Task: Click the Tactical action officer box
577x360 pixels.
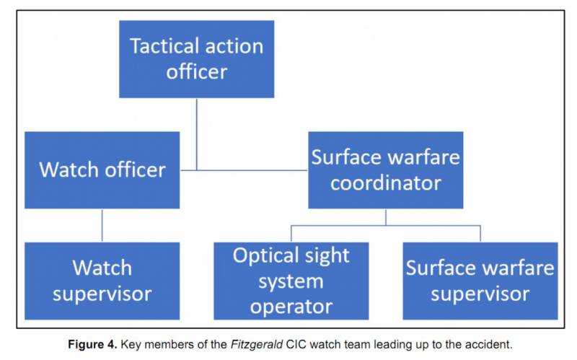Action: (196, 59)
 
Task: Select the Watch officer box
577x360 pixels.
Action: (102, 170)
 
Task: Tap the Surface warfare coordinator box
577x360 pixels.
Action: (385, 170)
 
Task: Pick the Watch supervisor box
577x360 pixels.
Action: (102, 281)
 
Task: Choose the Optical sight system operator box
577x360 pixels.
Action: (291, 281)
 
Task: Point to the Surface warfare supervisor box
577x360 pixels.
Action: (480, 281)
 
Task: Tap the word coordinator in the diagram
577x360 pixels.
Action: (385, 183)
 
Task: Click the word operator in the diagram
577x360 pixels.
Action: (291, 306)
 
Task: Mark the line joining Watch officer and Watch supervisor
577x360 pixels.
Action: (102, 225)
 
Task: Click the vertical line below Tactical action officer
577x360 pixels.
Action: (196, 133)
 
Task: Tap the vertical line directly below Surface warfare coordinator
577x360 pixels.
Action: (385, 217)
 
